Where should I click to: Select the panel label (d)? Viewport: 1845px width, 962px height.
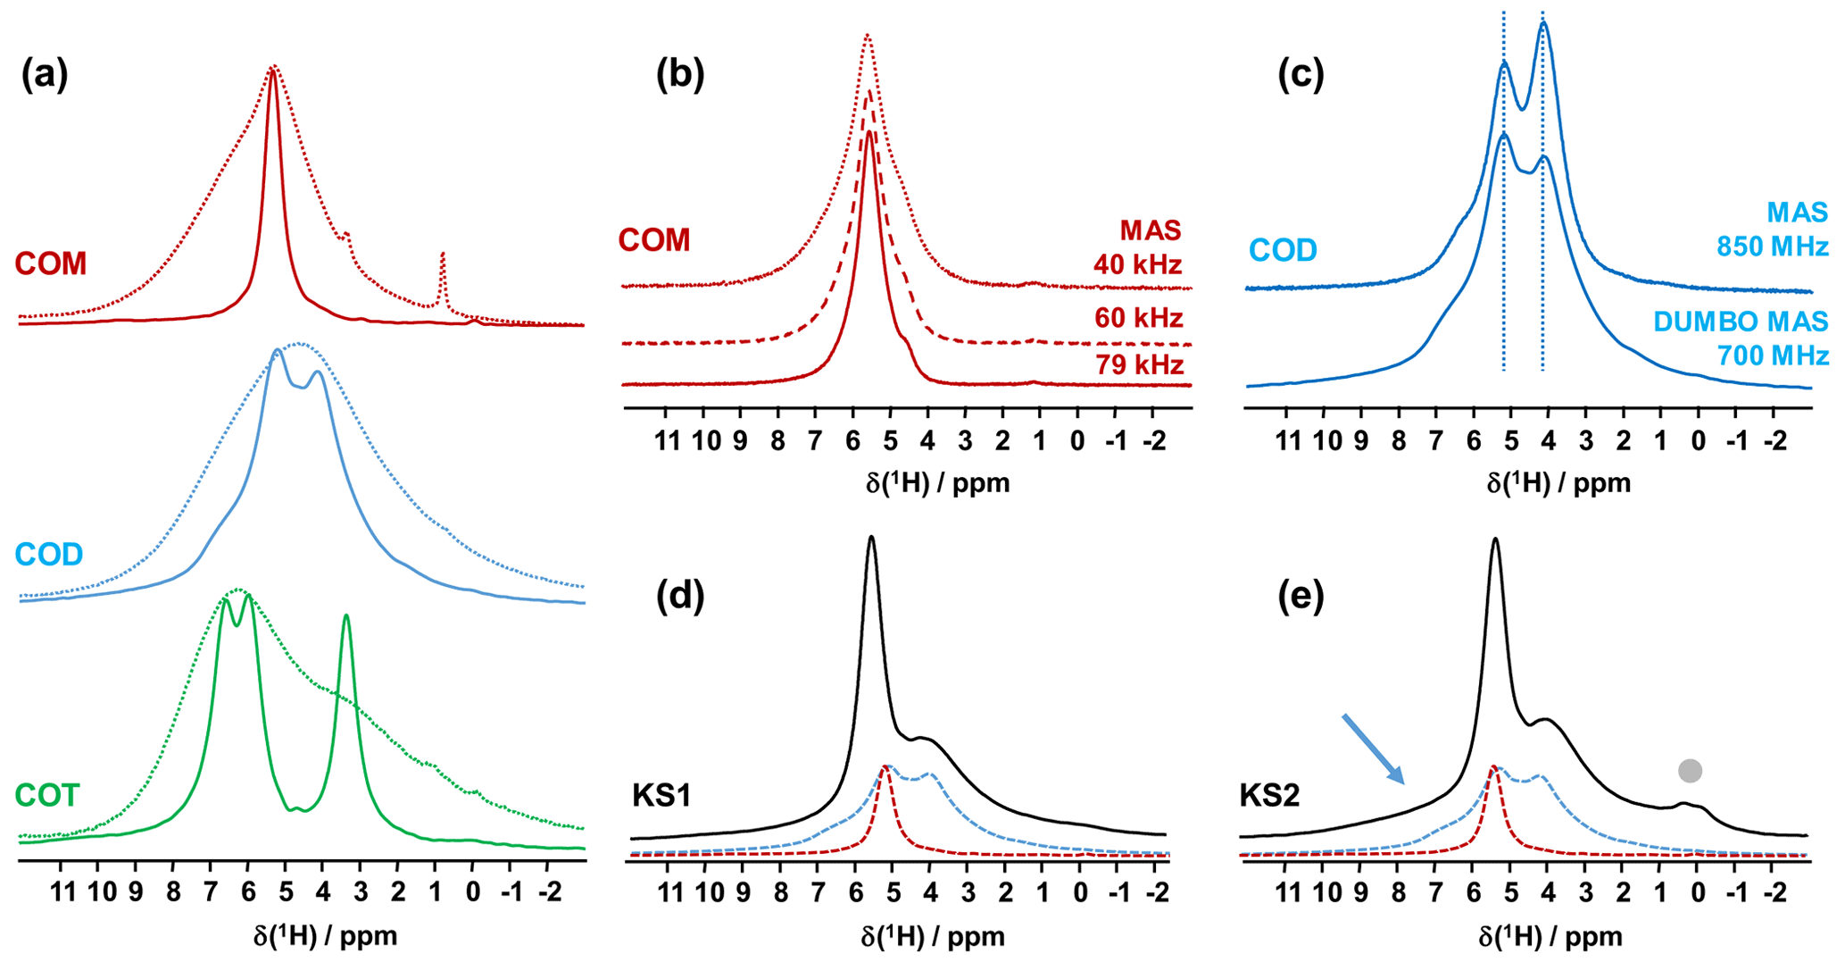point(680,597)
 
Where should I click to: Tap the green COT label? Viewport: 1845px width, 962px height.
point(47,795)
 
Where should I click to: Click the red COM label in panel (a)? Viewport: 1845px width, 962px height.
point(51,264)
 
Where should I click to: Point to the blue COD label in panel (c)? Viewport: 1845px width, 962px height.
point(1283,250)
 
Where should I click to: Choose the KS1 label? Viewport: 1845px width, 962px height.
point(661,795)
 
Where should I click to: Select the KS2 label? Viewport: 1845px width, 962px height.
point(1269,795)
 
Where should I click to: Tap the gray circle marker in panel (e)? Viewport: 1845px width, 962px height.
point(1690,771)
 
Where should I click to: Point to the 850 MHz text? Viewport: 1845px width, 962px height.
point(1773,247)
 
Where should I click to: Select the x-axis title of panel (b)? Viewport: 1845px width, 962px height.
point(937,483)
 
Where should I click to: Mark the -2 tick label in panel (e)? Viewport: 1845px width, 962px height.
point(1773,891)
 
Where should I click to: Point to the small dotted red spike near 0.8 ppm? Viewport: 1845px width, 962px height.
point(443,256)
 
